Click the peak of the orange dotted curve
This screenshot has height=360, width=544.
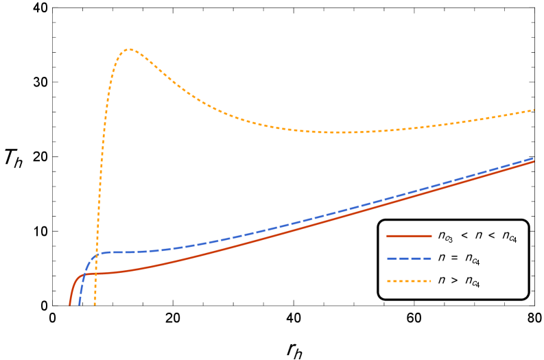(129, 49)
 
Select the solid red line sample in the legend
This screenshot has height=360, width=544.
(409, 236)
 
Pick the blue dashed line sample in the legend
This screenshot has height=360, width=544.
(409, 259)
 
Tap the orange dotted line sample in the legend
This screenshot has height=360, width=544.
(409, 281)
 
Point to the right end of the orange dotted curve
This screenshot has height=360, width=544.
(534, 110)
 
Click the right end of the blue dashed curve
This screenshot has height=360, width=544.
(534, 158)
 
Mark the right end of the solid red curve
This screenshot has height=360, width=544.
(534, 162)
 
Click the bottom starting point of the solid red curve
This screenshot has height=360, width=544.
(70, 304)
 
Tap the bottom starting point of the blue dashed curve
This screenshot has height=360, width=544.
(80, 304)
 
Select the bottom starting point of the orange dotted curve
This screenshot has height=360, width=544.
(95, 304)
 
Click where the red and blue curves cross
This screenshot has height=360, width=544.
(84, 274)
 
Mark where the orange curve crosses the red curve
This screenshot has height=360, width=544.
(97, 273)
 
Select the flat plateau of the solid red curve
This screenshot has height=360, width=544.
(110, 273)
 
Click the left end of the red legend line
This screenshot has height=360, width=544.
(388, 236)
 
